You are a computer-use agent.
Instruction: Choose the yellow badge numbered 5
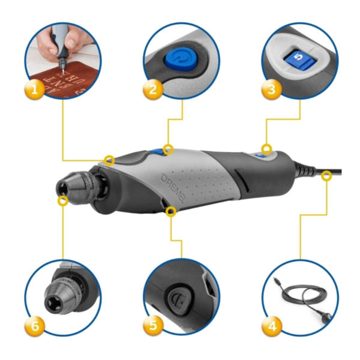(154, 327)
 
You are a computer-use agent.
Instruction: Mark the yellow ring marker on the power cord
(326, 175)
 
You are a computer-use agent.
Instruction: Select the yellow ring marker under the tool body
(172, 211)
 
